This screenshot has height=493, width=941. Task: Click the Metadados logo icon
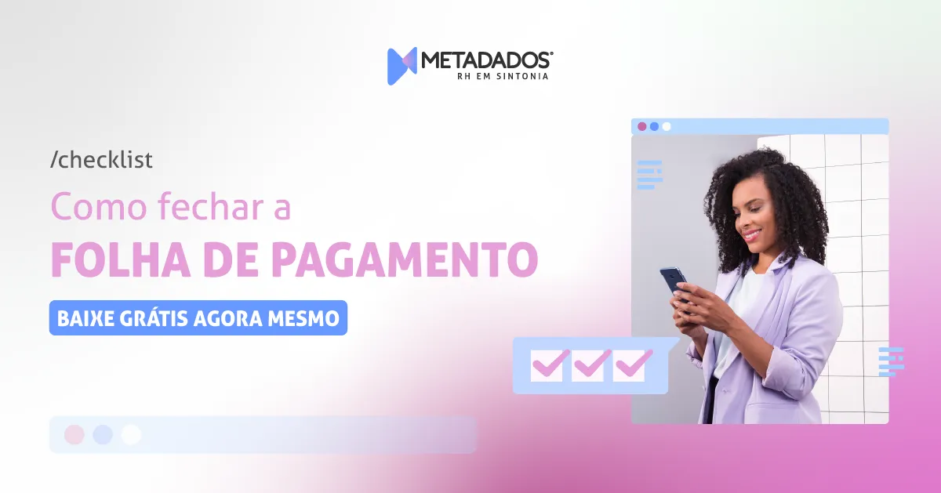click(401, 66)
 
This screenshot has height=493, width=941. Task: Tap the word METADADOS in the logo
click(487, 60)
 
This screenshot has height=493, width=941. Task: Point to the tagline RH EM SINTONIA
click(502, 77)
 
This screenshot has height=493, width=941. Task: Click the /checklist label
click(101, 160)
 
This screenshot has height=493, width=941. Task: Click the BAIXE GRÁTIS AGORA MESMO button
click(198, 318)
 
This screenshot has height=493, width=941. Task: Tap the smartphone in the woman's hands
click(673, 280)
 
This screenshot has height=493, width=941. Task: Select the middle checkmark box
click(590, 365)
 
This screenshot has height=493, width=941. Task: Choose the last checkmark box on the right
click(632, 365)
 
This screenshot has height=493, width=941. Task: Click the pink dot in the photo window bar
click(642, 126)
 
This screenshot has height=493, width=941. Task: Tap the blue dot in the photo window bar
click(654, 126)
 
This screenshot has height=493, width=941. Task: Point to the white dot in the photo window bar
click(667, 126)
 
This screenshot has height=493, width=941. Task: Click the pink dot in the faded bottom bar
click(74, 435)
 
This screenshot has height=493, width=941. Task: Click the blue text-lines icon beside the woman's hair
click(649, 174)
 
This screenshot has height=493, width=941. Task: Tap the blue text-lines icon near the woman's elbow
click(891, 361)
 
